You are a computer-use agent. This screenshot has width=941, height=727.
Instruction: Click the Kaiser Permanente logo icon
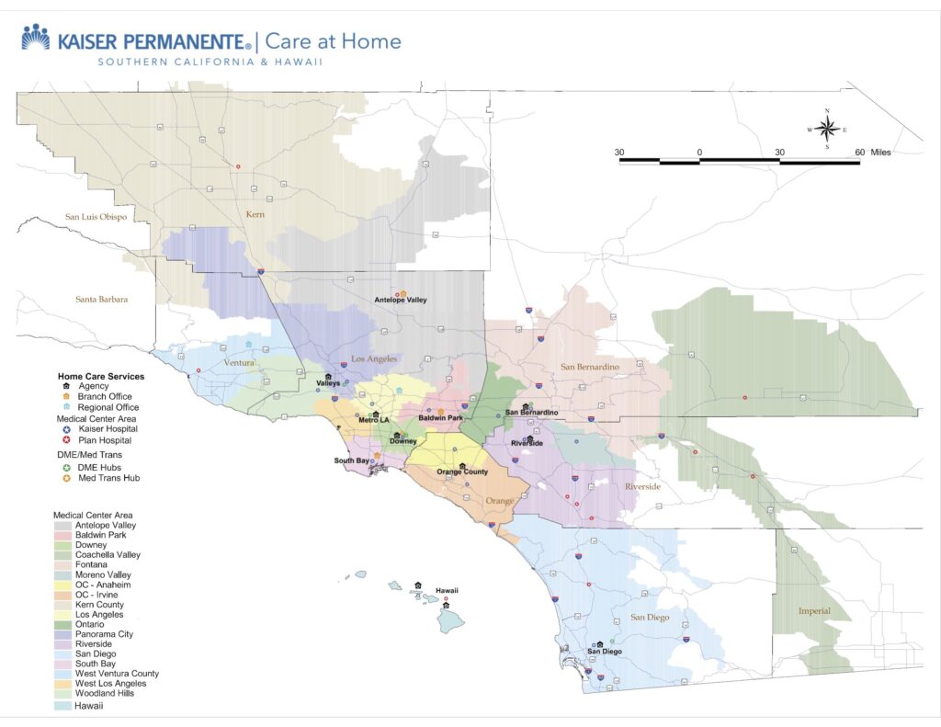[x=36, y=38]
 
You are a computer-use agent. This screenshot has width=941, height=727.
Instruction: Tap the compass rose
[x=827, y=129]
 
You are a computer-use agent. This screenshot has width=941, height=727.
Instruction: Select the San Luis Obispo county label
[x=96, y=217]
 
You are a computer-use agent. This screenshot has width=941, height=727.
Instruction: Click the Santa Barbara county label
[x=101, y=299]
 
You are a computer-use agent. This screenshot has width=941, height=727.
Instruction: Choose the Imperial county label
[x=814, y=611]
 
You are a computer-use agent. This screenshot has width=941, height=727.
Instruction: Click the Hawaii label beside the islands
[x=447, y=591]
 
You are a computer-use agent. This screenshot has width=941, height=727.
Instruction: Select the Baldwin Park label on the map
[x=440, y=418]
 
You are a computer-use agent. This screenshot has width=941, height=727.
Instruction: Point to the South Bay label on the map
[x=351, y=460]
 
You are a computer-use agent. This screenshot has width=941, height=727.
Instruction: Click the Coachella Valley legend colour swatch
[x=63, y=554]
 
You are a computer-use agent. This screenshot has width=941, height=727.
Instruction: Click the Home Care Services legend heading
[x=101, y=376]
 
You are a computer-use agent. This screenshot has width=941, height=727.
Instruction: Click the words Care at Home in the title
[x=334, y=41]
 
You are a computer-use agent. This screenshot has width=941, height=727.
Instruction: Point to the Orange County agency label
[x=462, y=472]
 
